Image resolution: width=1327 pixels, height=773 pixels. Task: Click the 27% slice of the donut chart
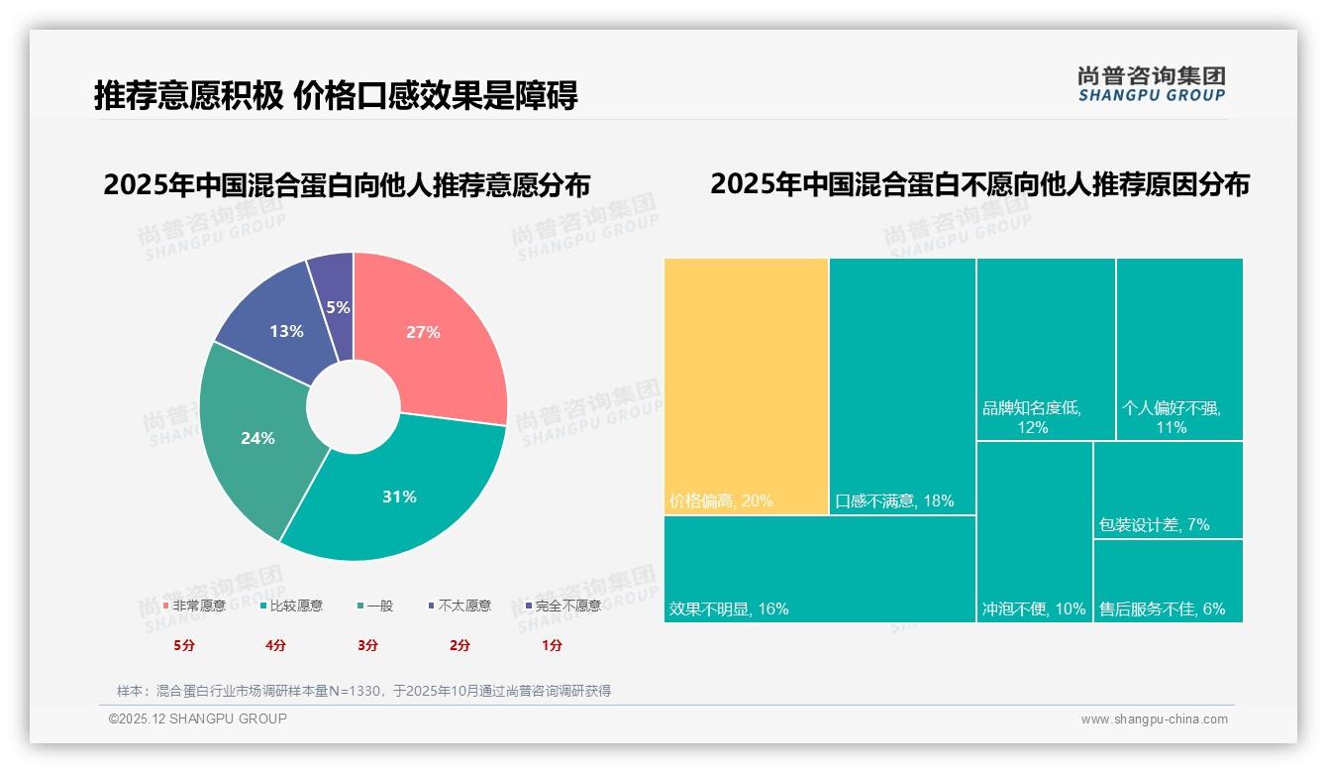point(426,332)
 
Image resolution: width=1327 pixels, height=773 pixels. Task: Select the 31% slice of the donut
point(401,496)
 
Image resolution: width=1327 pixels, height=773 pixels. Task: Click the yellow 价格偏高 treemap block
point(746,386)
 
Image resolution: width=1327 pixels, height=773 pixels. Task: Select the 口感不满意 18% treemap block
point(902,386)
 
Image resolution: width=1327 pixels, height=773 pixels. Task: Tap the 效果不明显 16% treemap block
point(819,569)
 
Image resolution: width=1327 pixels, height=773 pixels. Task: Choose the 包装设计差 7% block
point(1169,490)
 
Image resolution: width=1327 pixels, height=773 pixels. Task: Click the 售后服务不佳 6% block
point(1169,581)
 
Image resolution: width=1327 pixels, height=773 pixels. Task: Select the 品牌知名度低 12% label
point(1031,417)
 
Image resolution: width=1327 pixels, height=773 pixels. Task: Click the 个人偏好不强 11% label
point(1171,417)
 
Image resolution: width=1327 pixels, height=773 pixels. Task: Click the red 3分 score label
point(367,645)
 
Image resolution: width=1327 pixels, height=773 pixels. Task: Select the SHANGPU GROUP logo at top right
point(1151,84)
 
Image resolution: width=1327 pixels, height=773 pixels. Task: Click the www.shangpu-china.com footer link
point(1154,719)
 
